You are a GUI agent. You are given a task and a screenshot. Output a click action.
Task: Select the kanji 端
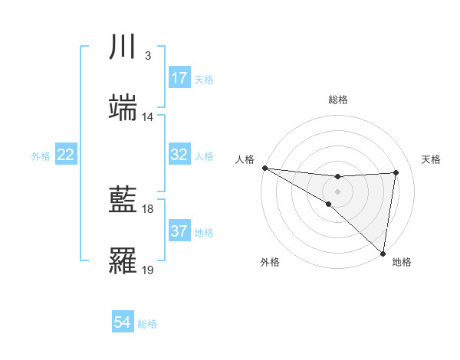click(x=123, y=108)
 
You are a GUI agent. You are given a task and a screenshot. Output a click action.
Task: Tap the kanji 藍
click(x=123, y=201)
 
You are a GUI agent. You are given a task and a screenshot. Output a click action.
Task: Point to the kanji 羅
click(x=123, y=262)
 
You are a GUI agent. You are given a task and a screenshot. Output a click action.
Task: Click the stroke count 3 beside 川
click(x=147, y=56)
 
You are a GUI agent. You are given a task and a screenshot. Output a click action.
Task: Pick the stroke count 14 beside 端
click(x=148, y=117)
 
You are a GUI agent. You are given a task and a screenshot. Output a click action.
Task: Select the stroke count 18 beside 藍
click(x=148, y=209)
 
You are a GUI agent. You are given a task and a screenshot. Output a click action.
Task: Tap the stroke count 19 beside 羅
click(x=148, y=270)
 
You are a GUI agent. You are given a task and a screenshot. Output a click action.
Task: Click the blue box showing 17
click(x=179, y=77)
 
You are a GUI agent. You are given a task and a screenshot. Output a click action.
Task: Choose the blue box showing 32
click(x=179, y=155)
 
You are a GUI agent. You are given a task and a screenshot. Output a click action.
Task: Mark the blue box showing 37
click(x=179, y=231)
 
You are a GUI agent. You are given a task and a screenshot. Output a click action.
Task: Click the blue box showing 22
click(x=66, y=155)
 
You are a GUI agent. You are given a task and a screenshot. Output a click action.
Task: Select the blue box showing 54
click(x=123, y=322)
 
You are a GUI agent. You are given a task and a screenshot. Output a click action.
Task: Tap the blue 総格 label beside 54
click(x=147, y=324)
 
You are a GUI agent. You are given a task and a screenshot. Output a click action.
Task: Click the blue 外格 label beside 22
click(x=41, y=156)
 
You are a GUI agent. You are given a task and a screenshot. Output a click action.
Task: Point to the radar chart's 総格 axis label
click(x=338, y=100)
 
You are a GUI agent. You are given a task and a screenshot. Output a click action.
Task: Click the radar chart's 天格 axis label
click(x=431, y=159)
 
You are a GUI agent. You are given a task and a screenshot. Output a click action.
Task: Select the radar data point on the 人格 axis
click(x=264, y=168)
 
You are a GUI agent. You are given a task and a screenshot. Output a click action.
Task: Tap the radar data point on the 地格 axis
click(x=382, y=253)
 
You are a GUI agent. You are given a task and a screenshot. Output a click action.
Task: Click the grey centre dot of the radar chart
click(x=338, y=191)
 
